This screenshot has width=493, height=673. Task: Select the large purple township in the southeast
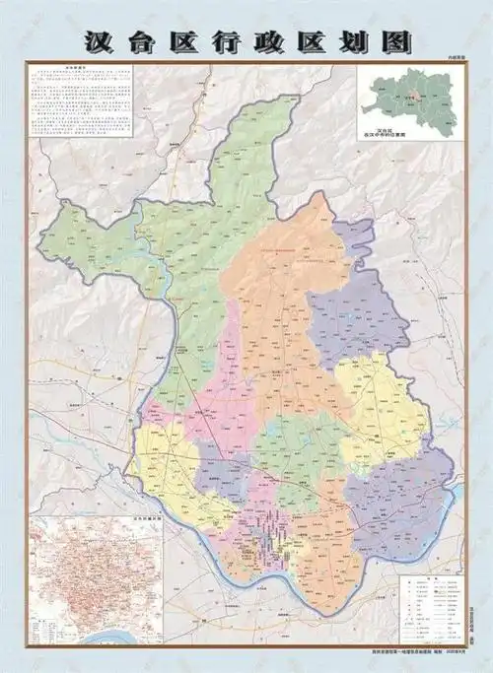click(404, 503)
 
